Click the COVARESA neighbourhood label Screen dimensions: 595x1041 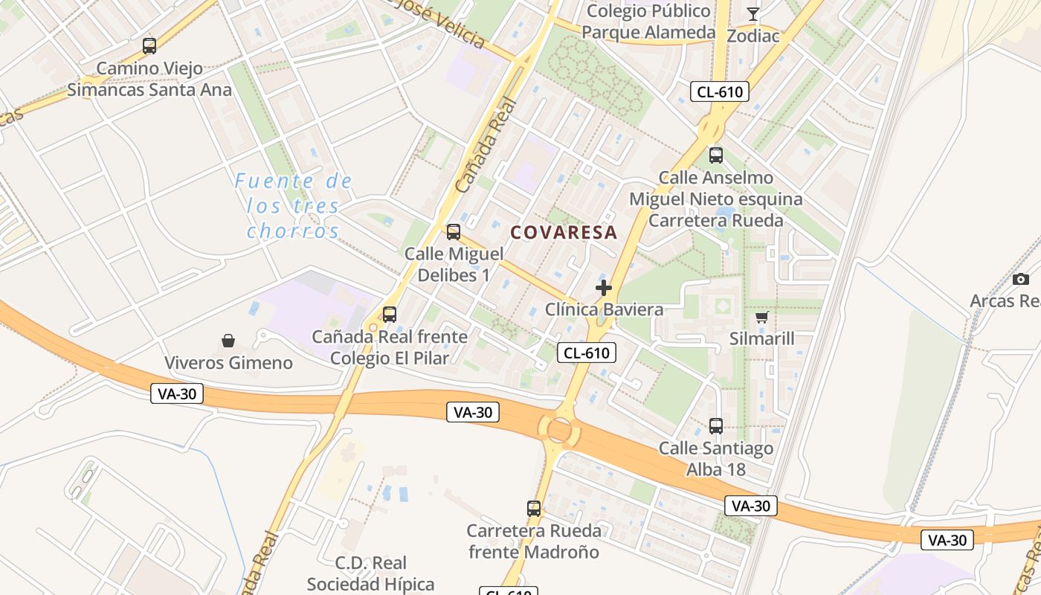pyautogui.click(x=564, y=232)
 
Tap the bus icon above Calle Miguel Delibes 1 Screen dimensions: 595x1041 pyautogui.click(x=454, y=231)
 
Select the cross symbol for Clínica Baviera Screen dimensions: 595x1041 pyautogui.click(x=604, y=287)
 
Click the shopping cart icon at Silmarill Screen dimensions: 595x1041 pyautogui.click(x=761, y=317)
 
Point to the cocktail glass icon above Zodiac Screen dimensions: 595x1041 pyautogui.click(x=752, y=13)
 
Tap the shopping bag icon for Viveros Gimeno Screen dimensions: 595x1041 pyautogui.click(x=228, y=341)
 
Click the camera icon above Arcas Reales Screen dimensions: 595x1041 pyautogui.click(x=1021, y=279)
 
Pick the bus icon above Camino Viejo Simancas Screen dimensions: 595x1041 pyautogui.click(x=149, y=46)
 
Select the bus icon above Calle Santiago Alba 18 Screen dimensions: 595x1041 pyautogui.click(x=715, y=426)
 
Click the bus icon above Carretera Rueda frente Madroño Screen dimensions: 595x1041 pyautogui.click(x=534, y=509)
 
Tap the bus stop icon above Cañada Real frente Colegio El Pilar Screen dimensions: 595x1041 pyautogui.click(x=390, y=314)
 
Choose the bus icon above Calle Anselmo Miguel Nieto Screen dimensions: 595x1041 pyautogui.click(x=715, y=155)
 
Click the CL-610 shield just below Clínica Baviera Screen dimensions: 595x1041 pyautogui.click(x=587, y=353)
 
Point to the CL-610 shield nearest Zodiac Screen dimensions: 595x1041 pyautogui.click(x=719, y=91)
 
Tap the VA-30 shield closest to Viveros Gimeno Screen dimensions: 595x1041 pyautogui.click(x=177, y=393)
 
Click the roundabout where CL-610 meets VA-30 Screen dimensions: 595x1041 pyautogui.click(x=559, y=430)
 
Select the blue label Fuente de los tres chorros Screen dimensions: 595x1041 pyautogui.click(x=294, y=205)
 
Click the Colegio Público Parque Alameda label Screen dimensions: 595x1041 pyautogui.click(x=648, y=22)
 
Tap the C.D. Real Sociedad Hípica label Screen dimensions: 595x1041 pyautogui.click(x=370, y=573)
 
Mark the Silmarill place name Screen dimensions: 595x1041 pyautogui.click(x=761, y=339)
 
